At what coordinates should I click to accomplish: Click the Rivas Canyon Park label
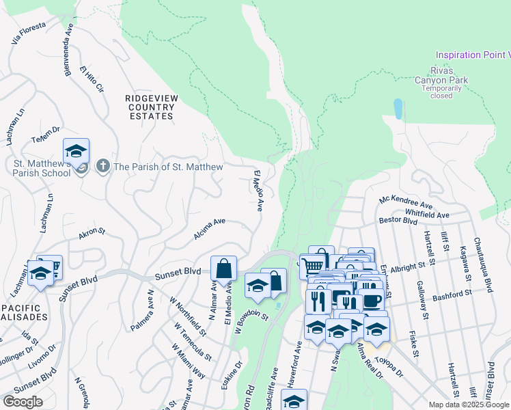point(441,74)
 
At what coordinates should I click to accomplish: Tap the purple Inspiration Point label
point(473,55)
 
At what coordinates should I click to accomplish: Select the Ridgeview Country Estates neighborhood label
point(151,107)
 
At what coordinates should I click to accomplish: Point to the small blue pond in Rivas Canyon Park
point(398,109)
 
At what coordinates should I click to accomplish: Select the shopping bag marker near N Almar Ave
point(224,269)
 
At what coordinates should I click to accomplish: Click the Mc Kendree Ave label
point(406,203)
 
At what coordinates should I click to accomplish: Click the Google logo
point(23,402)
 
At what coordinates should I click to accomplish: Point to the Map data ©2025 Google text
point(469,405)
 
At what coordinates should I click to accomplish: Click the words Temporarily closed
point(441,92)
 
